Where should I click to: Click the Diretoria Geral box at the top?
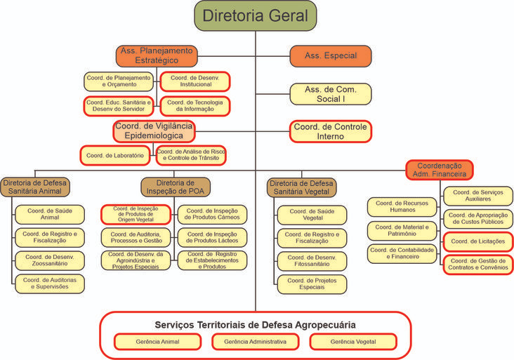click(255, 15)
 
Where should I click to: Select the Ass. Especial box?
click(331, 56)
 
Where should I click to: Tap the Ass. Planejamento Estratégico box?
click(157, 56)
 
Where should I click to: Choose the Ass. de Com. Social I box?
click(331, 94)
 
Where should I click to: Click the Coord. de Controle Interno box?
click(330, 131)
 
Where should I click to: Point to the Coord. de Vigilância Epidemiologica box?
click(153, 131)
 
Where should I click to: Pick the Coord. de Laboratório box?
click(115, 155)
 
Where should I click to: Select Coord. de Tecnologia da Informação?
click(195, 106)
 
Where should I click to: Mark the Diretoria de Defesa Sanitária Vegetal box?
click(302, 187)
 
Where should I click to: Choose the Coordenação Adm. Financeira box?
click(440, 170)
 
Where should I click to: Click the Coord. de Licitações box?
click(477, 242)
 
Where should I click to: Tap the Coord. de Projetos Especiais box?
click(311, 284)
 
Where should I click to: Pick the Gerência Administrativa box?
click(255, 341)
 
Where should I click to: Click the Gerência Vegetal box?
click(352, 341)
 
